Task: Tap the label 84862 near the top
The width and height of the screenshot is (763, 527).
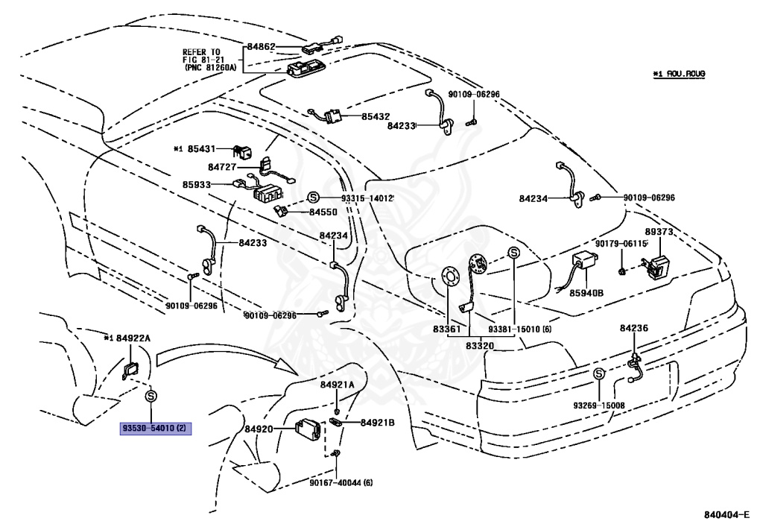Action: coord(262,46)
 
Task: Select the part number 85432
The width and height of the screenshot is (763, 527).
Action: coord(376,117)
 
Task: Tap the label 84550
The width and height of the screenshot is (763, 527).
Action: coord(323,212)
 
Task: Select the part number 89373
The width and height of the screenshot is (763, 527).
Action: coord(659,232)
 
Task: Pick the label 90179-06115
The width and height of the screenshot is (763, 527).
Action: coord(621,244)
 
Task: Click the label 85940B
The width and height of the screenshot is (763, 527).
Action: coord(586,293)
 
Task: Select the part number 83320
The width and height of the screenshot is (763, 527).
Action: coord(480,345)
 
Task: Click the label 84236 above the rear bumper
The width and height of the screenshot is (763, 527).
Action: coord(634,327)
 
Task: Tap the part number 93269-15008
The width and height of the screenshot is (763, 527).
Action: coord(598,405)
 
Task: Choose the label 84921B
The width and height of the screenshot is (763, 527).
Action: coord(377,423)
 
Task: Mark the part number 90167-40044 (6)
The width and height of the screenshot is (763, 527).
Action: coord(342,482)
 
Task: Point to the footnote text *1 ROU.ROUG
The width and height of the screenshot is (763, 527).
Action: coord(679,74)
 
